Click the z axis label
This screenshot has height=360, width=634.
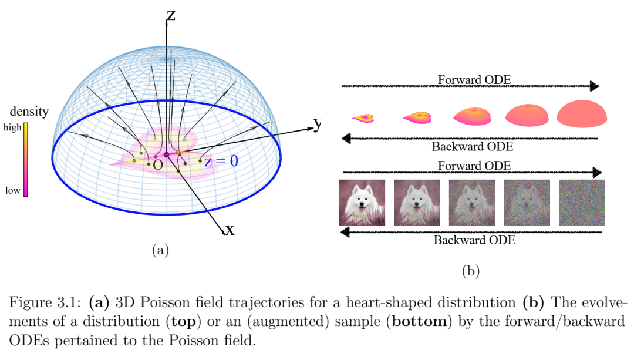tap(171, 16)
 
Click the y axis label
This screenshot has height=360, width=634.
tap(318, 123)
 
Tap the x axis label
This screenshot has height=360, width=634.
tap(230, 230)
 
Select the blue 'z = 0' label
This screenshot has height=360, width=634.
tap(221, 161)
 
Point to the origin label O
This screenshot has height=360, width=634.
tap(158, 164)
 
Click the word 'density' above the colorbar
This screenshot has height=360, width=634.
tap(29, 111)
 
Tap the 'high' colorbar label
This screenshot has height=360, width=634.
tap(12, 127)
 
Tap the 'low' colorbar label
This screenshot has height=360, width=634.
tap(12, 190)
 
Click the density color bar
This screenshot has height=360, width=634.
tap(25, 160)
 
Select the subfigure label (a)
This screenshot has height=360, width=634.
tap(160, 250)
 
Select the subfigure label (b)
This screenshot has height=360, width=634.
tap(471, 271)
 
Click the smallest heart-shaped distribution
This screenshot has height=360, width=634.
tap(363, 118)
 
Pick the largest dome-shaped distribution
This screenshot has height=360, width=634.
tap(582, 114)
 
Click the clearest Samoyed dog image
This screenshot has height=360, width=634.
tap(362, 203)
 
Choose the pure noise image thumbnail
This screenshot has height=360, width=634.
tap(582, 203)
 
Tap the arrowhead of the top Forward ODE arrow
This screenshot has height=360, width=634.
tap(594, 86)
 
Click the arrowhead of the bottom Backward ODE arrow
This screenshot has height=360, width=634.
tap(345, 232)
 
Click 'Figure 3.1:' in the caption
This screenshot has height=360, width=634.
tap(45, 302)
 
